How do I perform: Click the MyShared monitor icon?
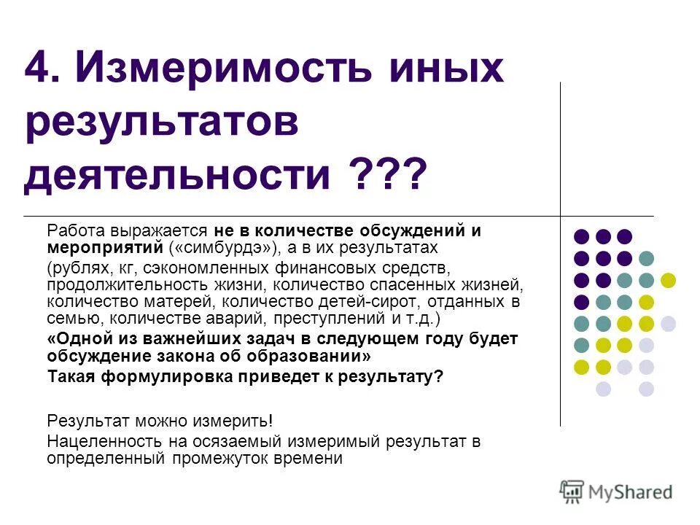point(572,491)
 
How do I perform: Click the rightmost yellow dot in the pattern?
point(668,280)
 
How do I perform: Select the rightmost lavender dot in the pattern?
point(668,323)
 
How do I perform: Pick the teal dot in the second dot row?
point(646,258)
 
